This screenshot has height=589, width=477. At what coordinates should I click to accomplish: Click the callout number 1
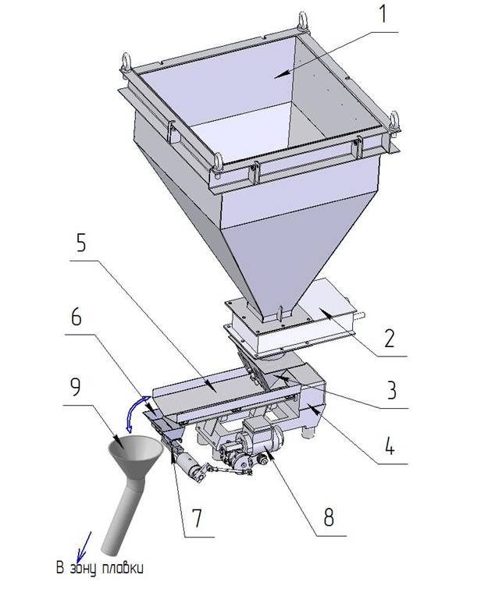click(x=383, y=15)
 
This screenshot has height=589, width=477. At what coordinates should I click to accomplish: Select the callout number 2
click(x=389, y=338)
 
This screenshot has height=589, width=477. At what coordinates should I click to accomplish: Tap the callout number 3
click(x=391, y=390)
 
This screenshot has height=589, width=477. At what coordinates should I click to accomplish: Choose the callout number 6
click(x=76, y=317)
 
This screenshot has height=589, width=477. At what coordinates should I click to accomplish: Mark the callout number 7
click(x=197, y=517)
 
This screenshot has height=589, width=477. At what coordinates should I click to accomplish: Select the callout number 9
click(x=76, y=386)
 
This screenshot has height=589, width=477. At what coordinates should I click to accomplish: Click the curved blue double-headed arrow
click(x=133, y=414)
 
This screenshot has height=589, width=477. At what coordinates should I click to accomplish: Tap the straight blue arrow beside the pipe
click(x=84, y=547)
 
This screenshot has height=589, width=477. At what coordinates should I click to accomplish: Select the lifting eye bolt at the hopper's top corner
click(x=303, y=22)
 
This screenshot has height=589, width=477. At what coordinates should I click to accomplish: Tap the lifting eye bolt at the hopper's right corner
click(x=394, y=122)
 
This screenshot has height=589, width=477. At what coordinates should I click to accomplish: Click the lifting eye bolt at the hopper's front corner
click(x=218, y=165)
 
